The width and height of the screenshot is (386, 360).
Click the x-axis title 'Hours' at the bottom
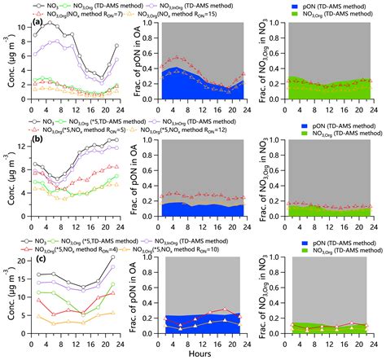193,353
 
